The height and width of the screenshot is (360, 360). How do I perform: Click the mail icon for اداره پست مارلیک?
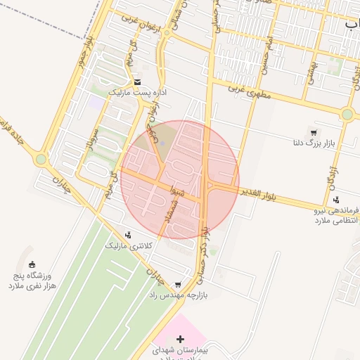[136, 82]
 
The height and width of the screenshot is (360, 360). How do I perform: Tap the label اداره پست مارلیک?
[136, 92]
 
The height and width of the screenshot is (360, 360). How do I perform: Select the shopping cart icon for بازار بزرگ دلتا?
[313, 132]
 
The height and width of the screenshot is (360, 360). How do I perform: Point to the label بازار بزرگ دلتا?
[313, 143]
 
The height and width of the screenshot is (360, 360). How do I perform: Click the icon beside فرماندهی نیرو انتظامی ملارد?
[336, 200]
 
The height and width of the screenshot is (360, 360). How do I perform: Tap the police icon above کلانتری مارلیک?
[128, 235]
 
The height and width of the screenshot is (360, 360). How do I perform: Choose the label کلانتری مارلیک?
[128, 246]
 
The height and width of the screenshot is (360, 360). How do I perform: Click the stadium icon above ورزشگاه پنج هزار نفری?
[32, 265]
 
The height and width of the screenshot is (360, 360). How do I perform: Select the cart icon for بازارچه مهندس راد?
[177, 285]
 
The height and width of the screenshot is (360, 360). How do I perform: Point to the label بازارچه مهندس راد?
[176, 296]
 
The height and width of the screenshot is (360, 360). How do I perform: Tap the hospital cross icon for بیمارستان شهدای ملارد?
[180, 339]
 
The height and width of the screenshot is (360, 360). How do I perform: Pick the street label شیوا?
[167, 188]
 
